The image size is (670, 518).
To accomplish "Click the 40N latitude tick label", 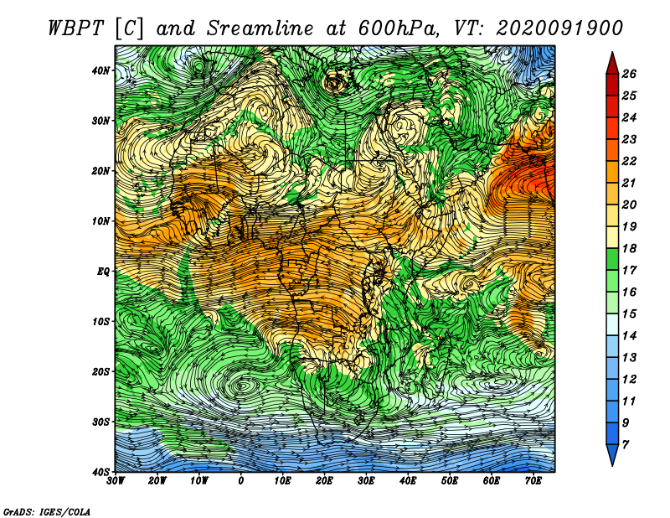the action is point(100,70).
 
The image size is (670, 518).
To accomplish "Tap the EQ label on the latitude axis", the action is point(103,272).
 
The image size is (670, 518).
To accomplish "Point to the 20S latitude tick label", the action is point(100,371).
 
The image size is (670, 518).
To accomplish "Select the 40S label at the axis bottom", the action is point(100,472).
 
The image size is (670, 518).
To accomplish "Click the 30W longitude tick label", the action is point(116,481).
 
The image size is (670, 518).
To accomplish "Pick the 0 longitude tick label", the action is point(240,481).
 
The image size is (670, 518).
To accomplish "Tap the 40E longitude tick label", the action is point(408,481).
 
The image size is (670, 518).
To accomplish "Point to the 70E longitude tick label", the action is point(533,481).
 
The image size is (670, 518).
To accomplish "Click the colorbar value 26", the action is point(629,74).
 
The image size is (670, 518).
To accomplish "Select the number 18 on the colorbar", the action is point(629,248).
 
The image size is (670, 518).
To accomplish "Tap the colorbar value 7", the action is point(626,445).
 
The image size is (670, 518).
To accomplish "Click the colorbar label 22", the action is point(629,161).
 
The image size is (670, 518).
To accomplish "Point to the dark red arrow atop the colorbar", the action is point(612,63).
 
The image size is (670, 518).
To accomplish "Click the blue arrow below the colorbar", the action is point(612,455).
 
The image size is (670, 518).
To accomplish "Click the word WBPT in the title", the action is point(75,28).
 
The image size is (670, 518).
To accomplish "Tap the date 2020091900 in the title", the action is point(559,28).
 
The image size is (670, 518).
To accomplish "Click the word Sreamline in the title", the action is point(260,28).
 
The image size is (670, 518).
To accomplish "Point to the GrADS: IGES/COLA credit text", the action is point(47,511).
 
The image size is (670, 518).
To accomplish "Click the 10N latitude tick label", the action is point(100,220).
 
